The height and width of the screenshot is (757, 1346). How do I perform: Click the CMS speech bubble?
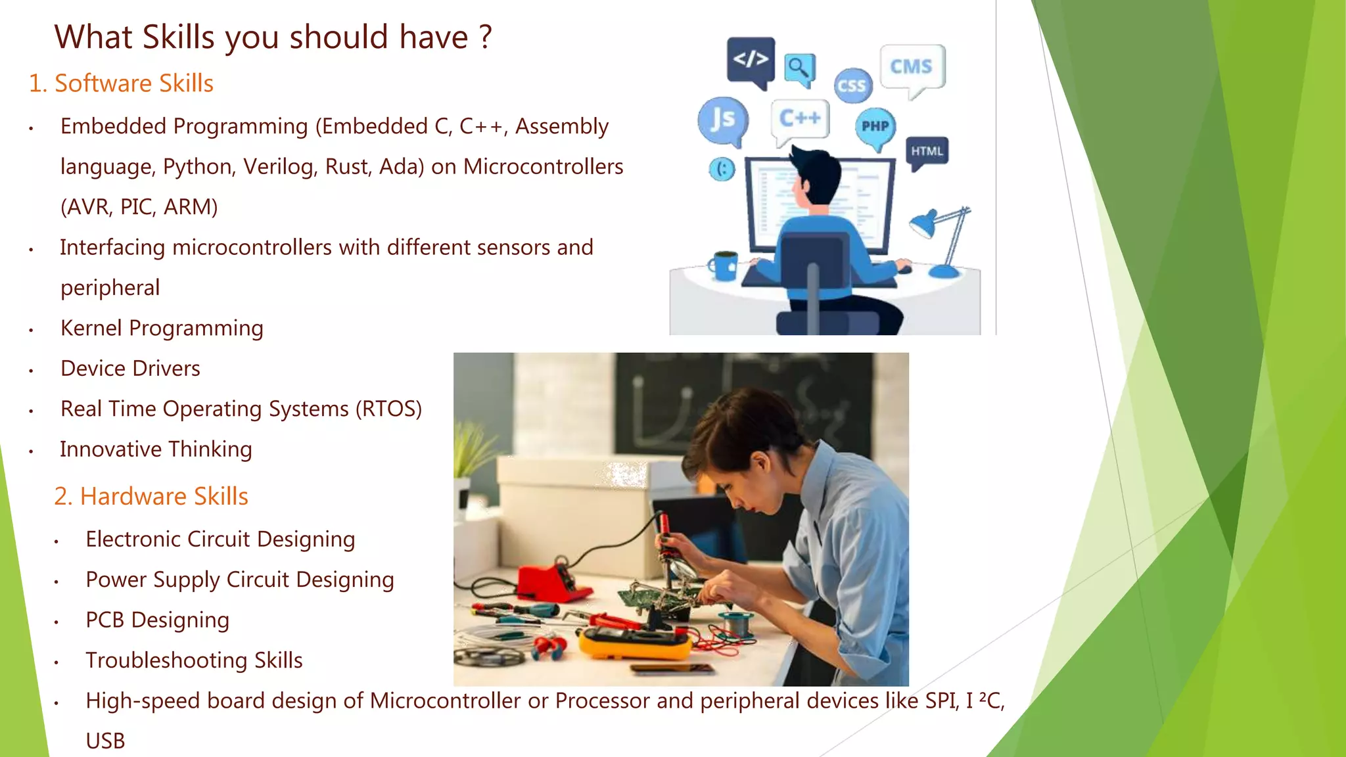pos(912,66)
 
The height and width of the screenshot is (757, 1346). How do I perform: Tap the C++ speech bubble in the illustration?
pos(800,119)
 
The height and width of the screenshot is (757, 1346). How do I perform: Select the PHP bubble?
pos(875,126)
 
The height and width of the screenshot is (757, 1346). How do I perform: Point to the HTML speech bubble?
pos(927,151)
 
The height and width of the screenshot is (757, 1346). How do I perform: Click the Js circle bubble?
pos(722,120)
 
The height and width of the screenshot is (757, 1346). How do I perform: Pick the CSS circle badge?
pos(852,85)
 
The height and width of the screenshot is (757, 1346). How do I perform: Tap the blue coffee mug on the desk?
pos(724,265)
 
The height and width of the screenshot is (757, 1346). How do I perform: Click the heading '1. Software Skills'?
pos(121,83)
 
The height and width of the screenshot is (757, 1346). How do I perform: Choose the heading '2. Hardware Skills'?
pos(151,496)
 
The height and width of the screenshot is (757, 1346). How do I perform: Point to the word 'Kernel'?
pos(91,328)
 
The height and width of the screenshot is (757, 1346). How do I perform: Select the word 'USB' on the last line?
pos(105,741)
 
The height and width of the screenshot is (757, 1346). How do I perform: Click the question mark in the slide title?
pos(485,37)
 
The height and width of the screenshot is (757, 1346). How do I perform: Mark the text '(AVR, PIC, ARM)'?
pos(139,207)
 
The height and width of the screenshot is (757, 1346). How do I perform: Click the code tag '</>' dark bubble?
pos(751,59)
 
